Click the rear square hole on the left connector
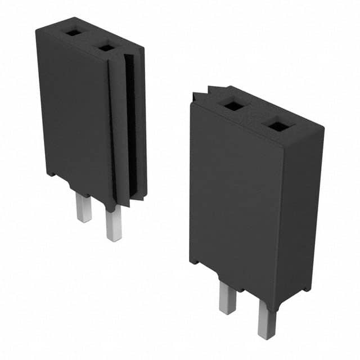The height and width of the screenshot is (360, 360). click(x=73, y=33)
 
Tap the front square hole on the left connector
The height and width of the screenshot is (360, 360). click(x=106, y=48)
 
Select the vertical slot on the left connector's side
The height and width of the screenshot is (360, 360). click(x=129, y=124)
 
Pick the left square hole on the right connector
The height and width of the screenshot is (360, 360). click(x=232, y=105)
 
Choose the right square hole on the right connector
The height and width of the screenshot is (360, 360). click(x=278, y=126)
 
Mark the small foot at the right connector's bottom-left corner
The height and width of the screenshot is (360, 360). click(x=195, y=260)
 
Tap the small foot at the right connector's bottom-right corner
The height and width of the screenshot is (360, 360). click(x=304, y=289)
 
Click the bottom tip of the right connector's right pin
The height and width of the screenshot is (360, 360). click(x=266, y=336)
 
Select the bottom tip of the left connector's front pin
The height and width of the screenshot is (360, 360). click(x=114, y=239)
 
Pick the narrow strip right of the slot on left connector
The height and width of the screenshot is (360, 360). click(x=141, y=124)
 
